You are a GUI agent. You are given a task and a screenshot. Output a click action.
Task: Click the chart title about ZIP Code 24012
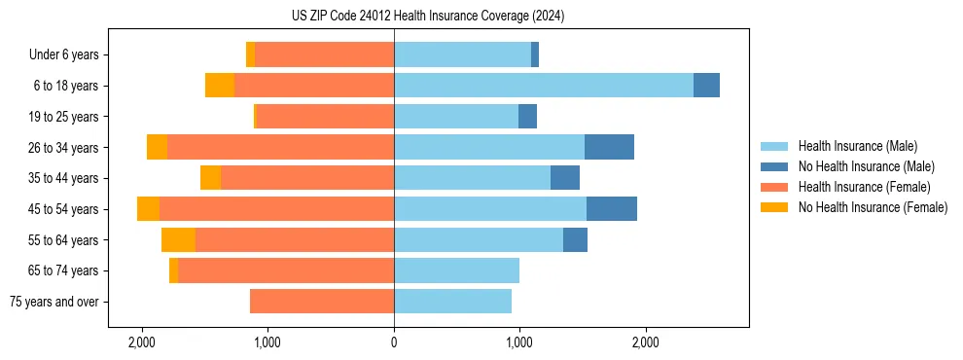click(x=427, y=17)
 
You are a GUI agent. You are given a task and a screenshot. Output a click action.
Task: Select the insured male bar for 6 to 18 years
click(x=544, y=86)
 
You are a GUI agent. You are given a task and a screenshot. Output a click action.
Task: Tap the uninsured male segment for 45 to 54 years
click(x=612, y=208)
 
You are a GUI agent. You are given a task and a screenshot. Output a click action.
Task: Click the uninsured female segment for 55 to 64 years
click(x=178, y=239)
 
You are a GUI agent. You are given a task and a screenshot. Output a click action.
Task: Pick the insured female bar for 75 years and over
click(x=322, y=302)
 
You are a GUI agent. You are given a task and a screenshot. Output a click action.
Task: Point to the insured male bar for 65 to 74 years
click(x=456, y=270)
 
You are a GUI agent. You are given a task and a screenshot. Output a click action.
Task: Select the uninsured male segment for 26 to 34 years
click(x=609, y=147)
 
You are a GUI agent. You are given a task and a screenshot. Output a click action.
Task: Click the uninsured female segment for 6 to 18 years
click(x=220, y=86)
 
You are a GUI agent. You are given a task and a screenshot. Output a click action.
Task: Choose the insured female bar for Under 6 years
click(x=324, y=54)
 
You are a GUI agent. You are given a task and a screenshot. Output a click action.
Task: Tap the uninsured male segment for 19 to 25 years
click(x=527, y=117)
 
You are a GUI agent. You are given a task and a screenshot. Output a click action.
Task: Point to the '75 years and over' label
click(x=54, y=302)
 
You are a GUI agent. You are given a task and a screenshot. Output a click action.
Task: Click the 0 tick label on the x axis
click(x=394, y=342)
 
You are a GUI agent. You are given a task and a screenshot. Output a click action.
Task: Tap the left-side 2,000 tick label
click(x=142, y=342)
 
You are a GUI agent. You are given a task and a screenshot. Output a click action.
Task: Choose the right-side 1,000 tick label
click(x=519, y=342)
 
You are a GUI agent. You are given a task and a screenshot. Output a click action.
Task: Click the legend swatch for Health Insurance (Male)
click(x=774, y=146)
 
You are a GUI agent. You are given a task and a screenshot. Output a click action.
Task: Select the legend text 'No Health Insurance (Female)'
click(x=873, y=207)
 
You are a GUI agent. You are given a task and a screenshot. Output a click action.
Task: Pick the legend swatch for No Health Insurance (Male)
click(x=774, y=166)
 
